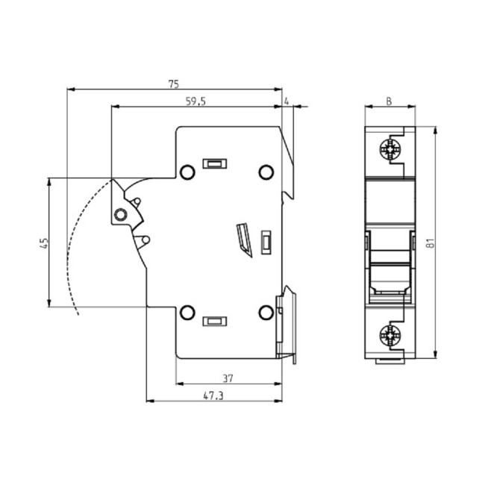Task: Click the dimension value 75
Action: (x=174, y=84)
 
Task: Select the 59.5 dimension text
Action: (x=195, y=101)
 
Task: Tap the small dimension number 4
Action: (x=287, y=101)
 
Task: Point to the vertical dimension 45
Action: (x=44, y=243)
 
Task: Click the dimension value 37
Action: (x=228, y=378)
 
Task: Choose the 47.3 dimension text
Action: (x=213, y=395)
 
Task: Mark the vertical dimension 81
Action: (x=431, y=242)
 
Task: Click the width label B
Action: (x=389, y=101)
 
